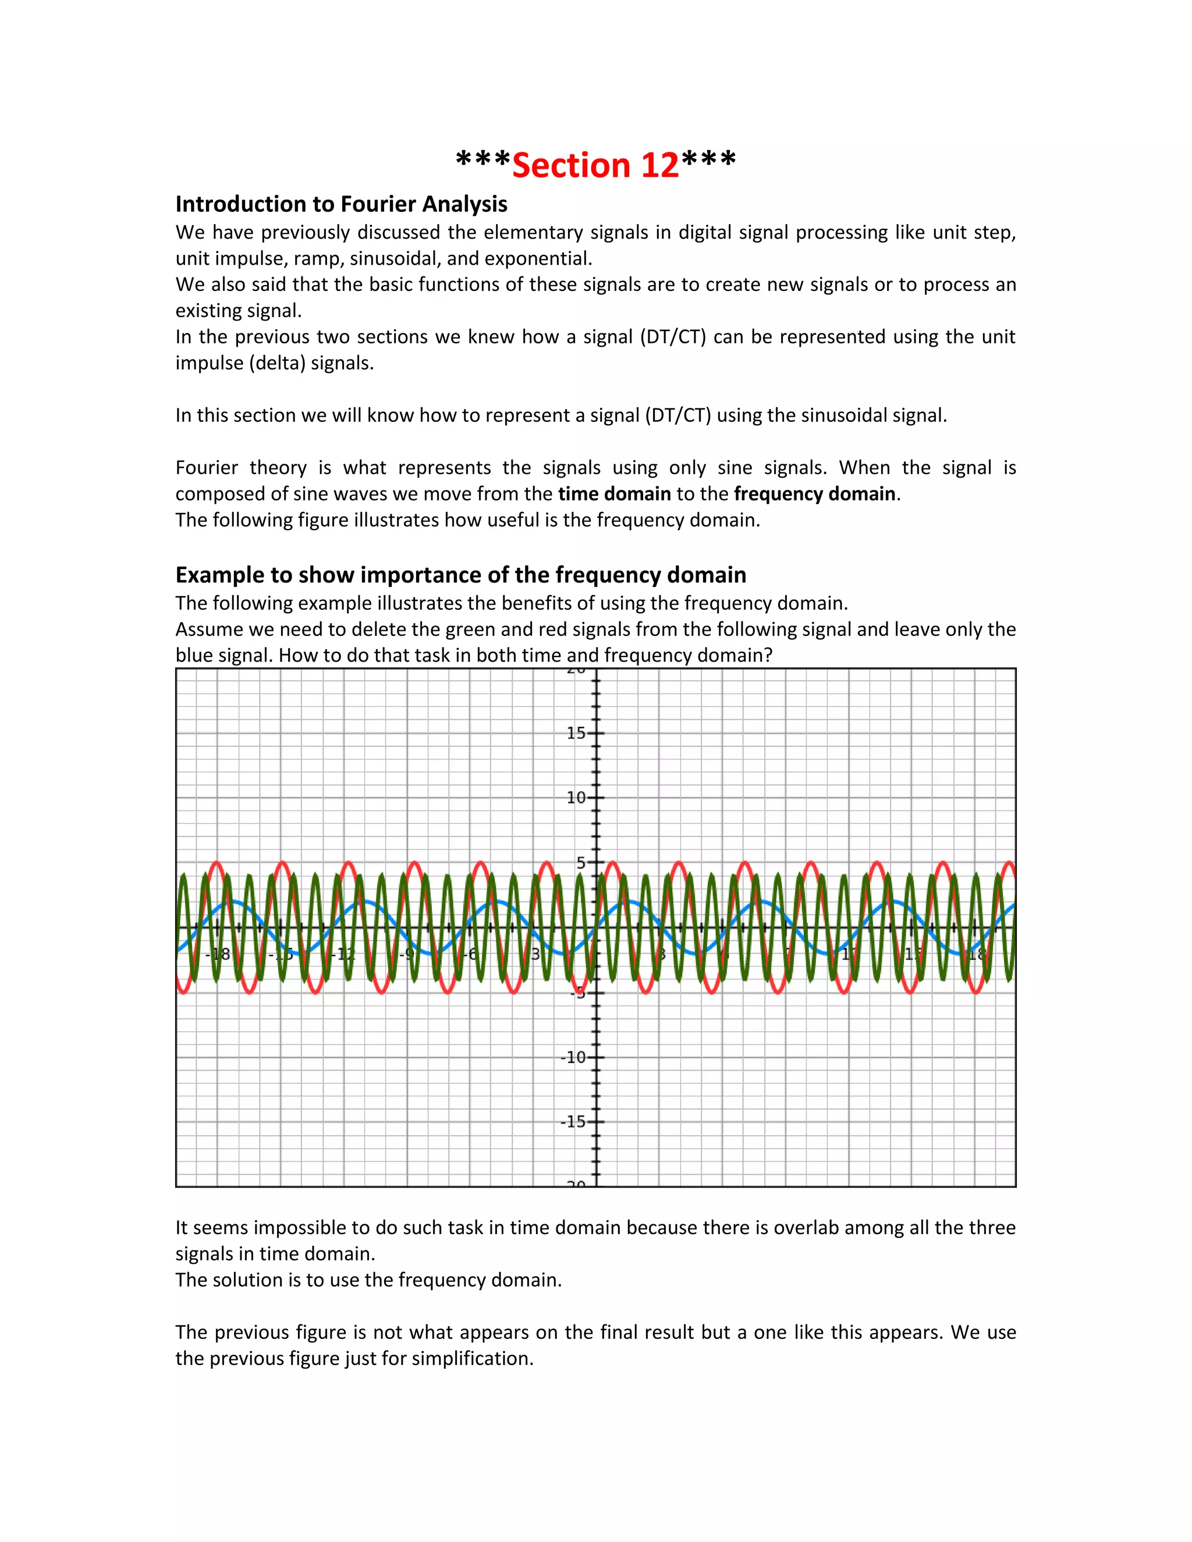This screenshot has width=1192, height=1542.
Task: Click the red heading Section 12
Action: click(x=595, y=165)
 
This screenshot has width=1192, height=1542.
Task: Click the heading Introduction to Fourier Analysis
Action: click(x=341, y=204)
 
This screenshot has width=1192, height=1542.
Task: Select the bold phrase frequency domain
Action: click(x=814, y=493)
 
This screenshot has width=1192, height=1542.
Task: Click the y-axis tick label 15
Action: click(x=576, y=733)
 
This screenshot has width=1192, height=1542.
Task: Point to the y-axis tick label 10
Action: click(x=576, y=798)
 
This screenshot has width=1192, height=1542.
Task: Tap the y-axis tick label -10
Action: click(x=573, y=1057)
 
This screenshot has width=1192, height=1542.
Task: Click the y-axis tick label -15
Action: click(x=573, y=1122)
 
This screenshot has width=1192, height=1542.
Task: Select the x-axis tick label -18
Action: click(x=218, y=954)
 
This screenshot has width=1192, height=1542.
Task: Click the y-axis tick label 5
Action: click(x=580, y=862)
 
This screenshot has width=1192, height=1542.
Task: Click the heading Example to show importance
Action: click(x=460, y=575)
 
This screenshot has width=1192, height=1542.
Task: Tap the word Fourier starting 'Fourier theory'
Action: click(x=206, y=467)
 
